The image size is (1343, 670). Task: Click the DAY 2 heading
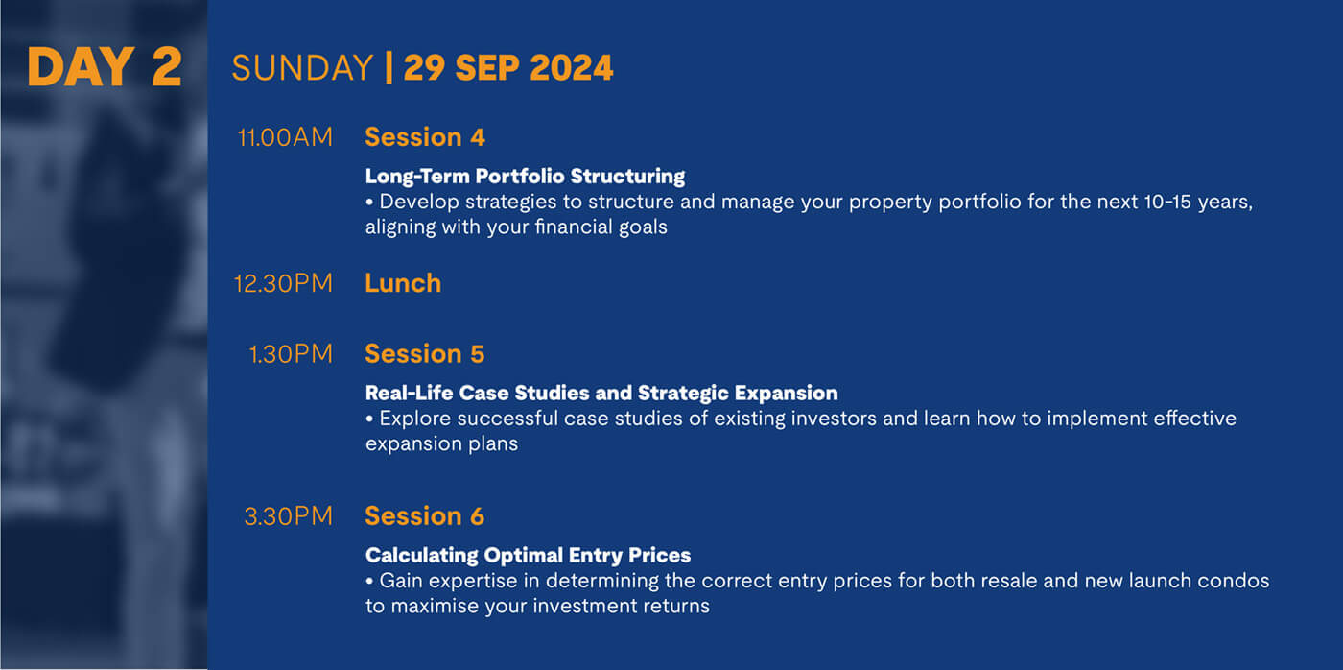click(105, 66)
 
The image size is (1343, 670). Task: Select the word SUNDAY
click(302, 68)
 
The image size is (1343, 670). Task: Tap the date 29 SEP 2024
click(508, 68)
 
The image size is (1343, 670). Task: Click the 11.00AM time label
click(285, 137)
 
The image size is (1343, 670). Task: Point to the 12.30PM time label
click(283, 283)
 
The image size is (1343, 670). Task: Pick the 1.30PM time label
click(291, 354)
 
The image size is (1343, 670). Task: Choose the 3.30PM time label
click(289, 516)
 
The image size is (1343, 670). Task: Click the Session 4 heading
click(424, 137)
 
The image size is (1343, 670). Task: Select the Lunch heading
click(403, 283)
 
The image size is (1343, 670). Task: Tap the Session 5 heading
click(424, 354)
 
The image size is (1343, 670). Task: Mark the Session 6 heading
click(424, 516)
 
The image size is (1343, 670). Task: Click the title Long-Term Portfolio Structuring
click(526, 177)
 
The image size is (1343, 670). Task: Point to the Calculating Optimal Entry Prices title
click(529, 556)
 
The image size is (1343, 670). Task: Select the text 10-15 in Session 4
click(1167, 202)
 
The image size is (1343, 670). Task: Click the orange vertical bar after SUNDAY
click(389, 68)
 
